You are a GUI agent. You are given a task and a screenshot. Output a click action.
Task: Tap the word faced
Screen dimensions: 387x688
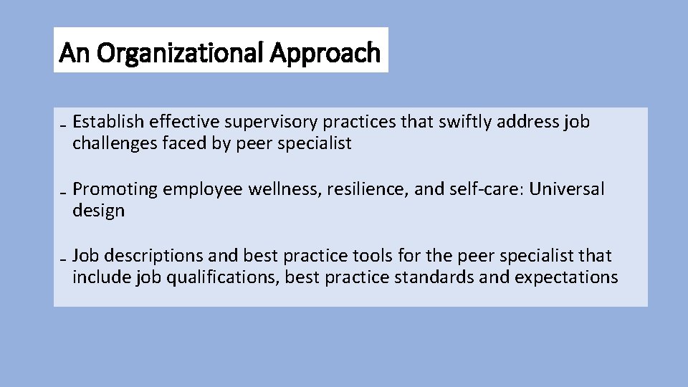coord(188,143)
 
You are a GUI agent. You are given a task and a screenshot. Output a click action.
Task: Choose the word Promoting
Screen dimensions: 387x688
coord(115,189)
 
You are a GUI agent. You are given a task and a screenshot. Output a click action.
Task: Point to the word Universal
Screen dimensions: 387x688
coord(567,189)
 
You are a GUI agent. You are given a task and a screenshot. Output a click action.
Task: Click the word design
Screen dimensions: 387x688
coord(98,211)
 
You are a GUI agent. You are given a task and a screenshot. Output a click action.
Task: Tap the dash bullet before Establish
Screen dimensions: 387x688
coord(64,127)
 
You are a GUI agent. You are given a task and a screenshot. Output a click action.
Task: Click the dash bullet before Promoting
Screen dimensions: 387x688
coord(64,194)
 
